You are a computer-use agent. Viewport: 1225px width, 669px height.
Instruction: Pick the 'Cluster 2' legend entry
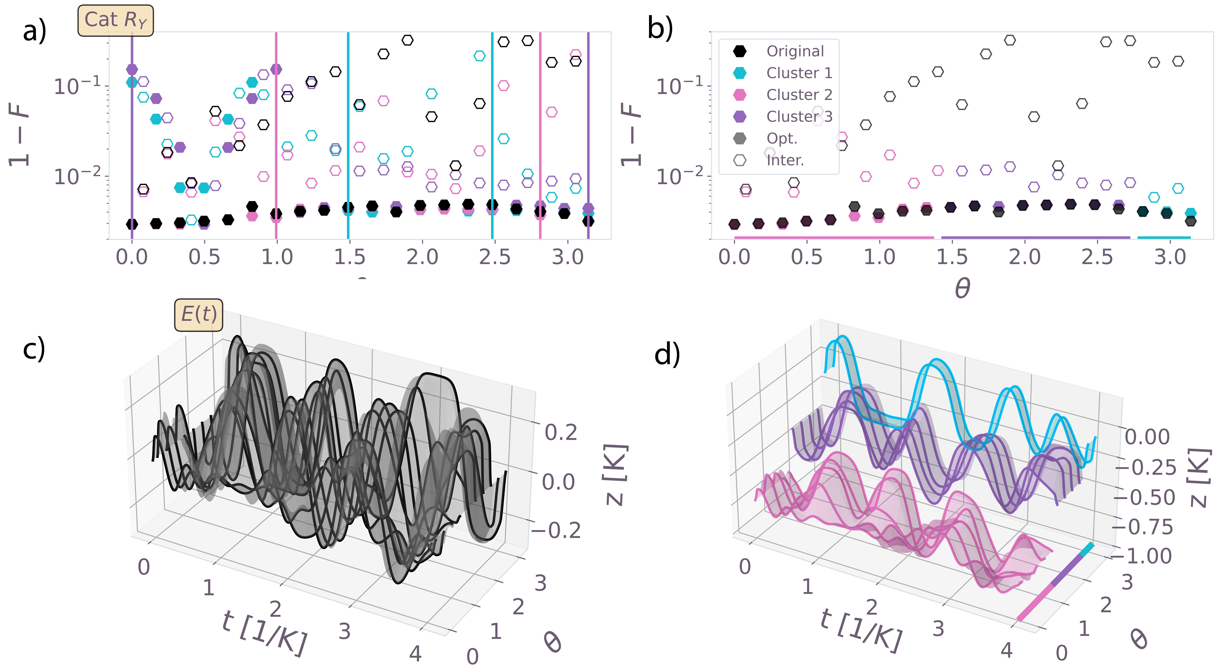tap(799, 95)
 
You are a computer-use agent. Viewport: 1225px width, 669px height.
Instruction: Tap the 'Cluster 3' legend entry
tap(799, 117)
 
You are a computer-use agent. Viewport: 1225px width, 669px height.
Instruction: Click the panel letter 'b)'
tap(660, 28)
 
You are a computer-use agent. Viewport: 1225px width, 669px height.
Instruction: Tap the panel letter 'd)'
tap(667, 354)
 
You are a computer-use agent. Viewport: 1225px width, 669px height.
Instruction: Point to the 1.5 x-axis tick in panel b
tap(952, 257)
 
